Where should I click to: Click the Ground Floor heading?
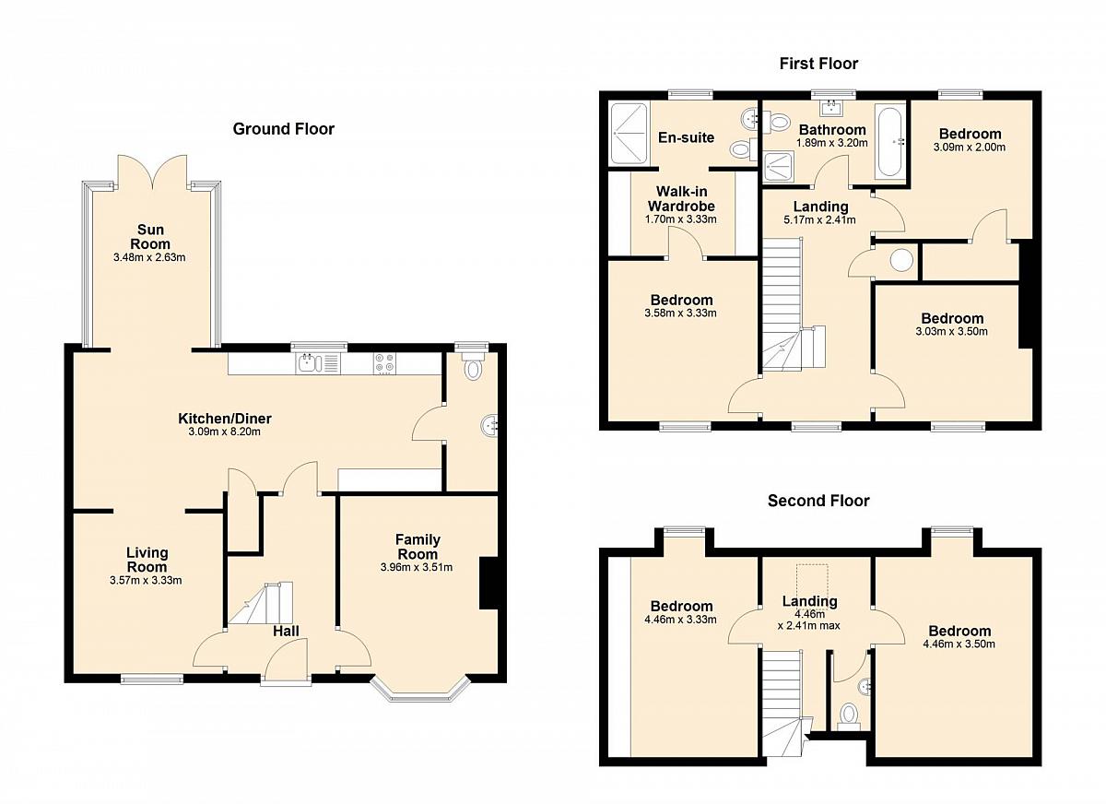284,129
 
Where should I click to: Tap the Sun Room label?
150,237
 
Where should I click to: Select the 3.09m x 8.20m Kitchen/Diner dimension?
225,432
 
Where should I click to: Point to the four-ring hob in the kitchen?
384,363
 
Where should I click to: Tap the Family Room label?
418,546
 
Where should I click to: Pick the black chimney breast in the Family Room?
488,584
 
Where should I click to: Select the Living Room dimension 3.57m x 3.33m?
146,580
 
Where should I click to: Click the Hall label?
287,632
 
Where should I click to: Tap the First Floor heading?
818,64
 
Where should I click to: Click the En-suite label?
687,137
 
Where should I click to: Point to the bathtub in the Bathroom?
889,141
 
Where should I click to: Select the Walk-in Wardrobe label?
681,198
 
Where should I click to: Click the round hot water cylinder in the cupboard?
901,260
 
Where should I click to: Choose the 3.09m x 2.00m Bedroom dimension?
970,148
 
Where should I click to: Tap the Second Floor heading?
818,501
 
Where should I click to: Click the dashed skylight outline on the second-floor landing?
812,581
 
